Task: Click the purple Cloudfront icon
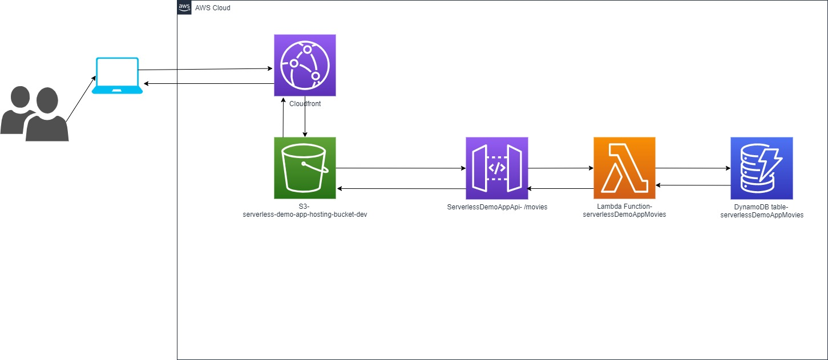point(305,65)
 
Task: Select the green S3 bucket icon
point(305,168)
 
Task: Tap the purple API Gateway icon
point(496,168)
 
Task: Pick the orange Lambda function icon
point(624,168)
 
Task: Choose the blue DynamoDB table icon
point(761,168)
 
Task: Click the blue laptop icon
point(118,75)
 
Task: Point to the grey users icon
point(34,114)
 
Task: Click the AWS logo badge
point(184,7)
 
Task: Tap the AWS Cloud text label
point(213,8)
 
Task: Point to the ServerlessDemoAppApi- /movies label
point(497,207)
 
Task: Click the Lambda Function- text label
point(624,207)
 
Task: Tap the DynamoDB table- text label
point(761,207)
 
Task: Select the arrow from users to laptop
point(80,98)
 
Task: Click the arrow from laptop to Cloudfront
point(205,70)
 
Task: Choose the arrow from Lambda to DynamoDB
point(693,168)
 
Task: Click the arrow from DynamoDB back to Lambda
point(693,185)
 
